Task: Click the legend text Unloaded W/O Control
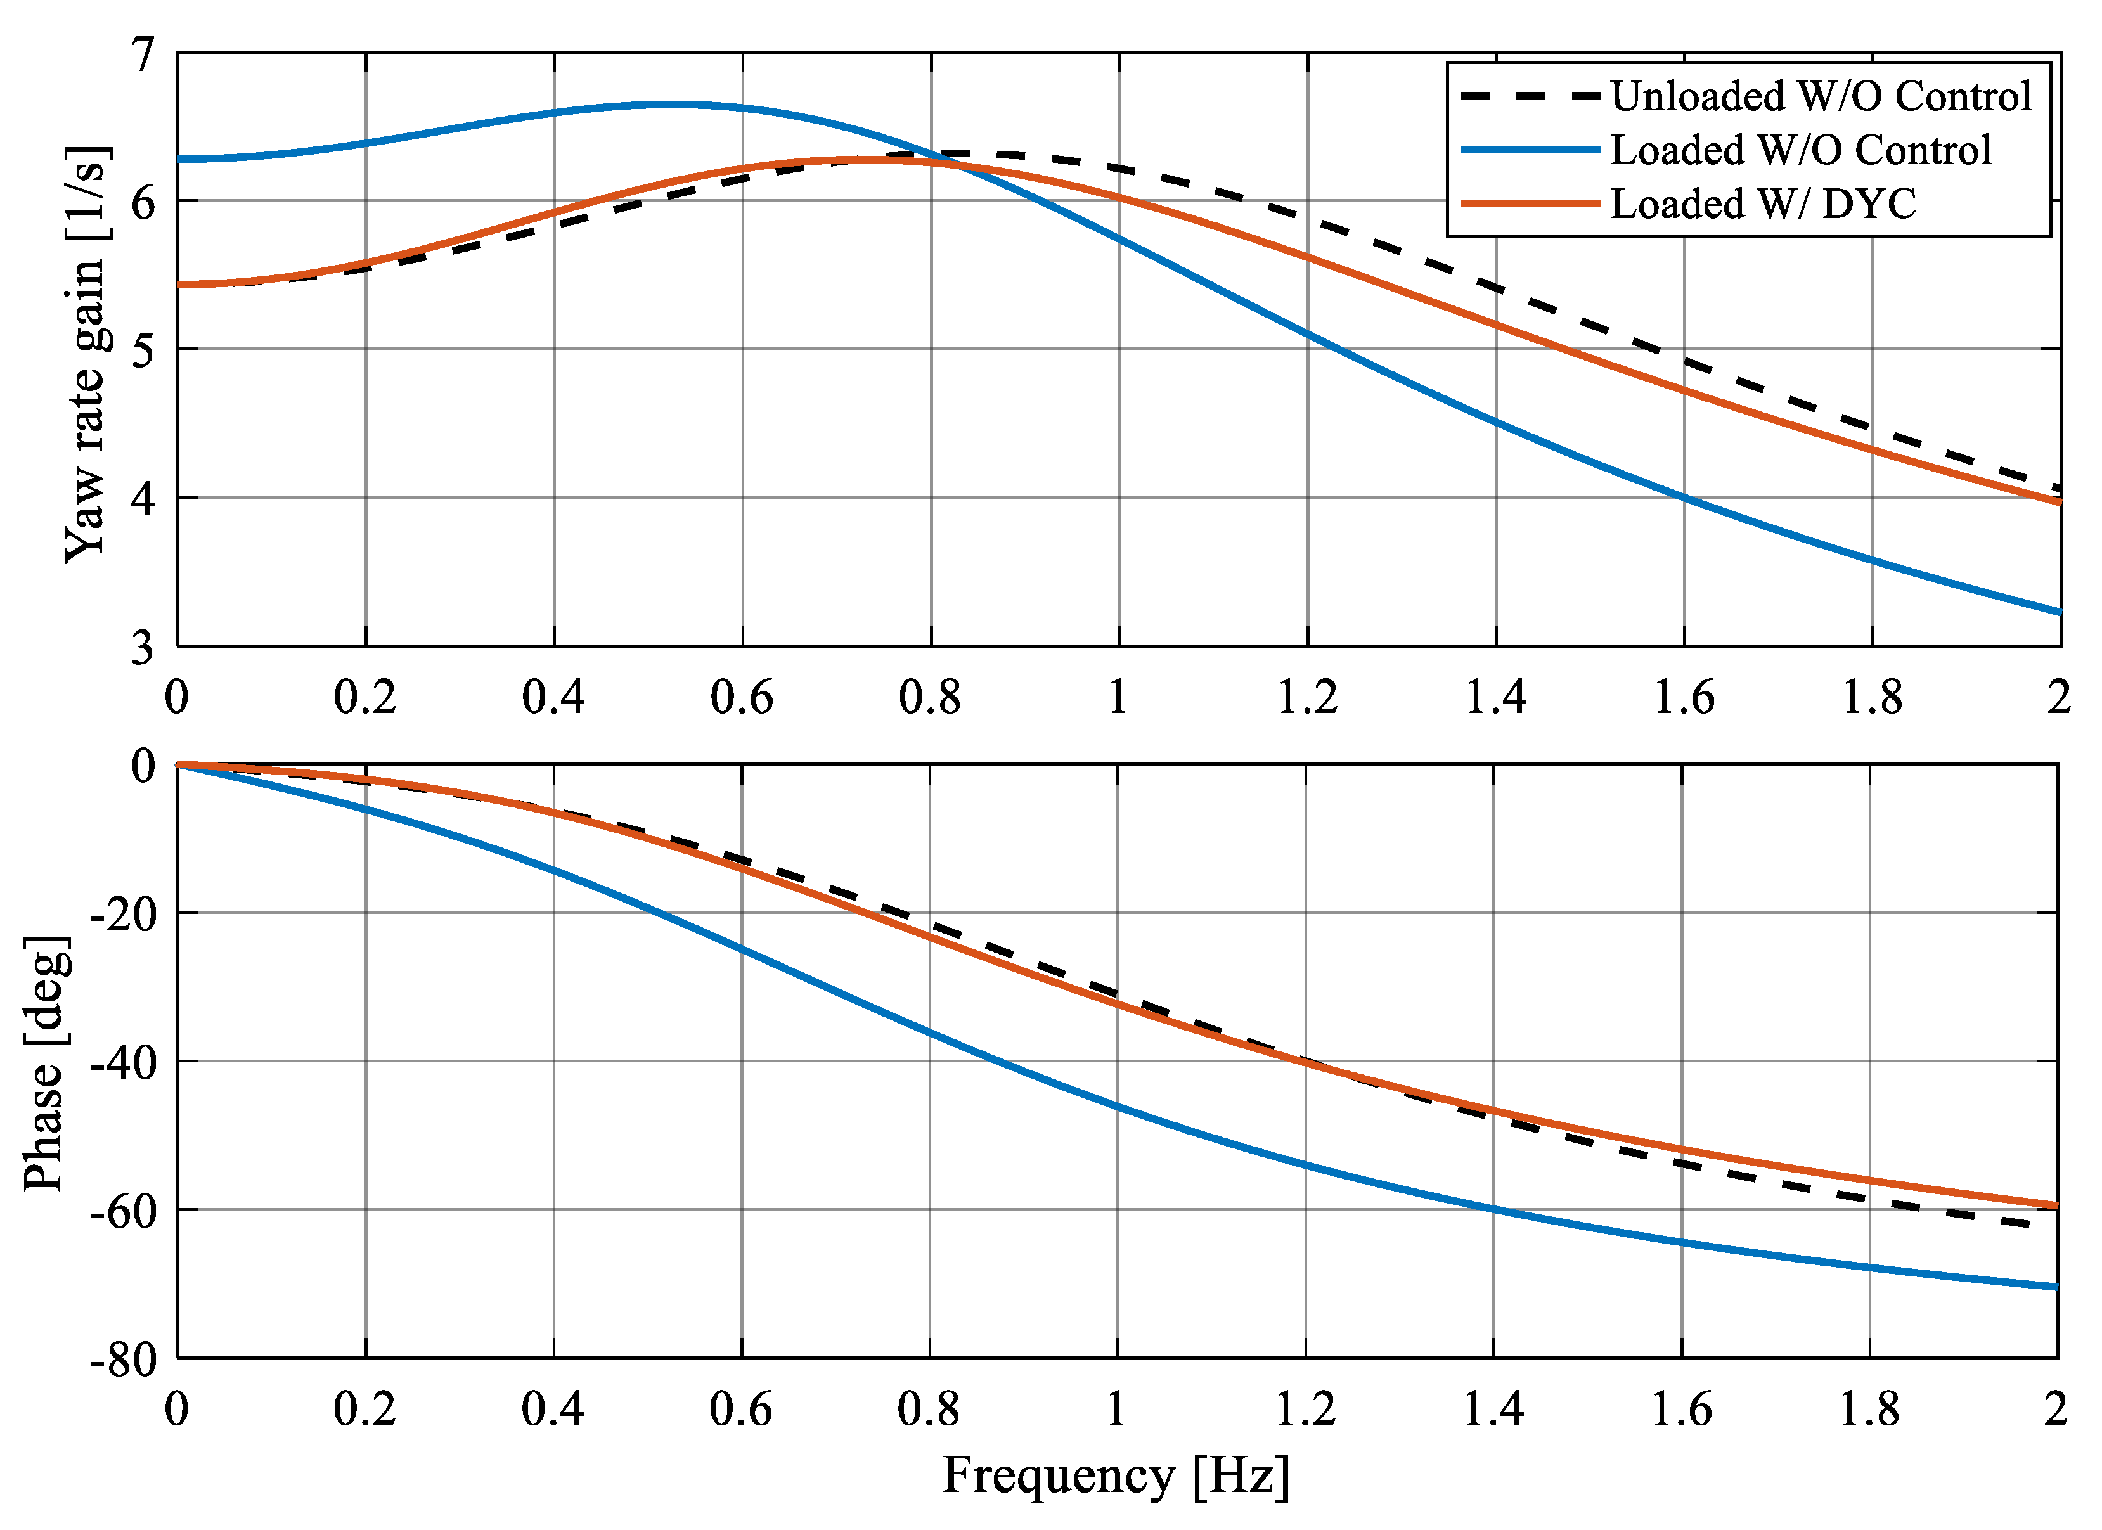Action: tap(1821, 96)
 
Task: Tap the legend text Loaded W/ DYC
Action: tap(1763, 204)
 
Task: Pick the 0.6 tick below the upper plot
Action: tap(742, 697)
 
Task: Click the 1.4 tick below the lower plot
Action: tap(1493, 1410)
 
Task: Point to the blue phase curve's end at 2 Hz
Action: tap(2056, 1286)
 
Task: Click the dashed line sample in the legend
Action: tap(1529, 96)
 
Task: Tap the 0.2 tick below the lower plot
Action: tap(365, 1410)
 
